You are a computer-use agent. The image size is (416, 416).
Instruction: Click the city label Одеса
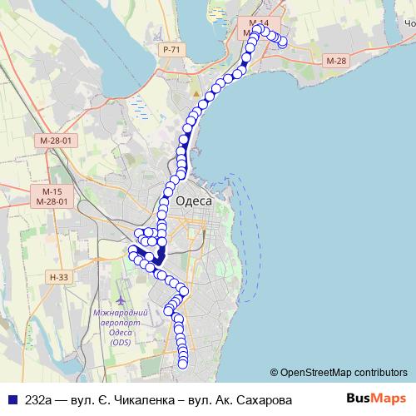194,201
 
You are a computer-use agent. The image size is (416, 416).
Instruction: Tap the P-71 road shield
171,50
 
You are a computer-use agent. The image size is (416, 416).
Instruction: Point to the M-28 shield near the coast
336,61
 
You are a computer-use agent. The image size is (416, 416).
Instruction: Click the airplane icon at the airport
122,299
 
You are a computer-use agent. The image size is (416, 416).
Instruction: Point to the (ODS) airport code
121,342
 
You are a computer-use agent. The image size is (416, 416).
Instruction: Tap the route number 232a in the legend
37,399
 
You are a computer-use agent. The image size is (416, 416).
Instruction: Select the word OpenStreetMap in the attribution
315,372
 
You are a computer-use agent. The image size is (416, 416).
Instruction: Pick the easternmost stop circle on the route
284,41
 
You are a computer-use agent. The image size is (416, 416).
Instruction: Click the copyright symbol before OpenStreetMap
274,372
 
